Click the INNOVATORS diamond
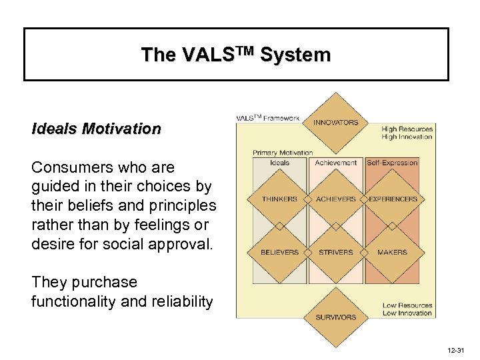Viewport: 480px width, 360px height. pyautogui.click(x=336, y=123)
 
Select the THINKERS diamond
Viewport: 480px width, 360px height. pyautogui.click(x=280, y=199)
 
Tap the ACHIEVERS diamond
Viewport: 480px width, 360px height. pyautogui.click(x=336, y=199)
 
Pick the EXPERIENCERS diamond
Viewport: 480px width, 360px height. pyautogui.click(x=393, y=199)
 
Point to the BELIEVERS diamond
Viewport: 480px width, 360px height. pyautogui.click(x=280, y=252)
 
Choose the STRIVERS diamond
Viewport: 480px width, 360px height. pyautogui.click(x=336, y=252)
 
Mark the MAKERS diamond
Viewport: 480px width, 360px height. pyautogui.click(x=392, y=252)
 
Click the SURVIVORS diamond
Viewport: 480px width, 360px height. pyautogui.click(x=336, y=317)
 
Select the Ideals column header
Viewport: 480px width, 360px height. pyautogui.click(x=280, y=163)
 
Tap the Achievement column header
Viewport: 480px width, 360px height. pyautogui.click(x=336, y=163)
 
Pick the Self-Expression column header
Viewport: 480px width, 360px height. pyautogui.click(x=393, y=163)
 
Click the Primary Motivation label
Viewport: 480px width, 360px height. pyautogui.click(x=283, y=153)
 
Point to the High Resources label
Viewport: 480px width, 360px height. pyautogui.click(x=407, y=129)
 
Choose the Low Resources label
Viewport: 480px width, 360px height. pyautogui.click(x=407, y=305)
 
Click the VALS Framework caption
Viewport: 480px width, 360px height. pyautogui.click(x=268, y=118)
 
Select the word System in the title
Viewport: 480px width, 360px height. pyautogui.click(x=296, y=55)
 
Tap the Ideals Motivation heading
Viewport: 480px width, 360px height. pyautogui.click(x=96, y=128)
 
